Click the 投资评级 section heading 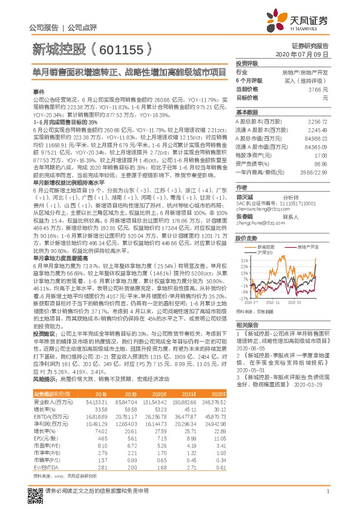click(247, 63)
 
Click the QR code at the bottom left click(36, 490)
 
